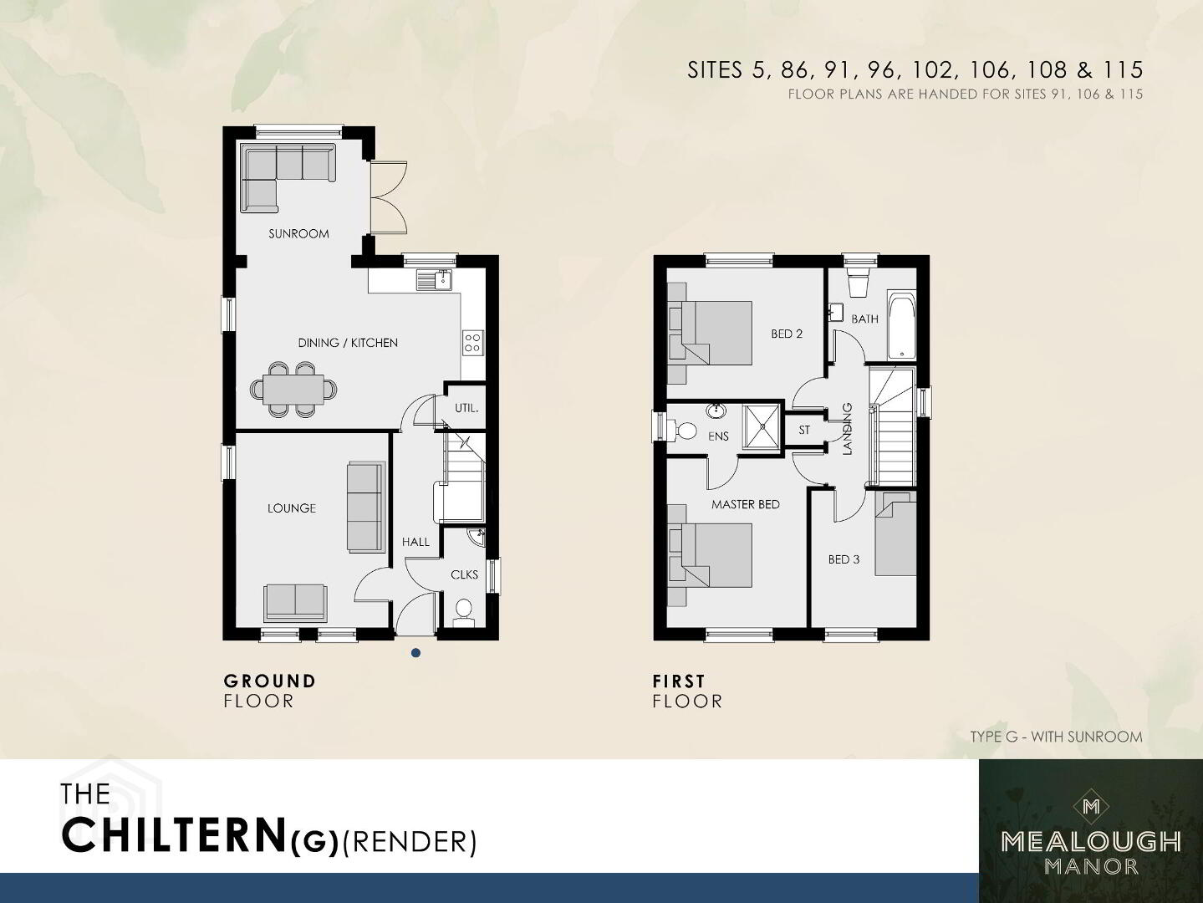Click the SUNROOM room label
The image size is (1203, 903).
tap(298, 234)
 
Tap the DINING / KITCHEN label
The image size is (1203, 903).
tap(348, 343)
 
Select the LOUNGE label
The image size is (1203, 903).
tap(292, 508)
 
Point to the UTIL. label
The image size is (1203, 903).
tap(466, 408)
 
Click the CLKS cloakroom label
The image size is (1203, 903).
tap(464, 574)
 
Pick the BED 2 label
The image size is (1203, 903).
tap(787, 334)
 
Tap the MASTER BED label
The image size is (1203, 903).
tap(746, 505)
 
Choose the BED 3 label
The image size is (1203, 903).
tap(844, 559)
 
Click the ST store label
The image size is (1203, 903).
tap(804, 430)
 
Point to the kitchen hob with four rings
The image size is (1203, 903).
tap(472, 343)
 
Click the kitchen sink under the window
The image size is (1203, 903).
tap(434, 280)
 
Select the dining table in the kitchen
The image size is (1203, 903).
tap(293, 390)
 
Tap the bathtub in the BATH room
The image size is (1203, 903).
tap(901, 327)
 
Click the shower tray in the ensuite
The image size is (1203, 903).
tap(761, 427)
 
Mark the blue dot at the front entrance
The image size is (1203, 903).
tap(416, 653)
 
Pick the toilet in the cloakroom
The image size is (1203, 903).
tap(464, 613)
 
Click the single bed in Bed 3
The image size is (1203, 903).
tap(895, 533)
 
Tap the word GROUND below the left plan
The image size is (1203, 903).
tap(270, 681)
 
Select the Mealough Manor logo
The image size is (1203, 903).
tap(1091, 831)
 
